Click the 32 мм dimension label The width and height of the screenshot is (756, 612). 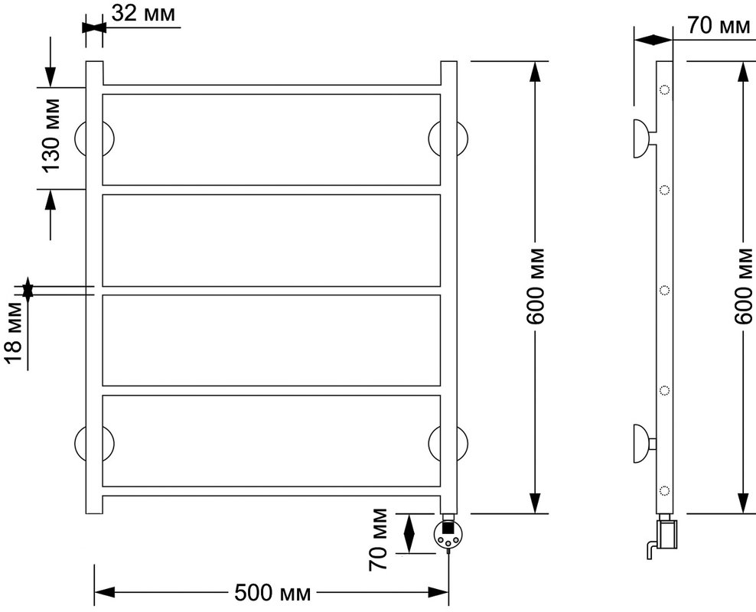click(x=143, y=14)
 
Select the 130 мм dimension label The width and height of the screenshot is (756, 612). click(x=51, y=135)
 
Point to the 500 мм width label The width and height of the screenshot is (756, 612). click(x=272, y=593)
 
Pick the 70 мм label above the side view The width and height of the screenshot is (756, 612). click(x=719, y=25)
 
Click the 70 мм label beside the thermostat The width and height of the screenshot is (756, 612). click(x=378, y=539)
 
